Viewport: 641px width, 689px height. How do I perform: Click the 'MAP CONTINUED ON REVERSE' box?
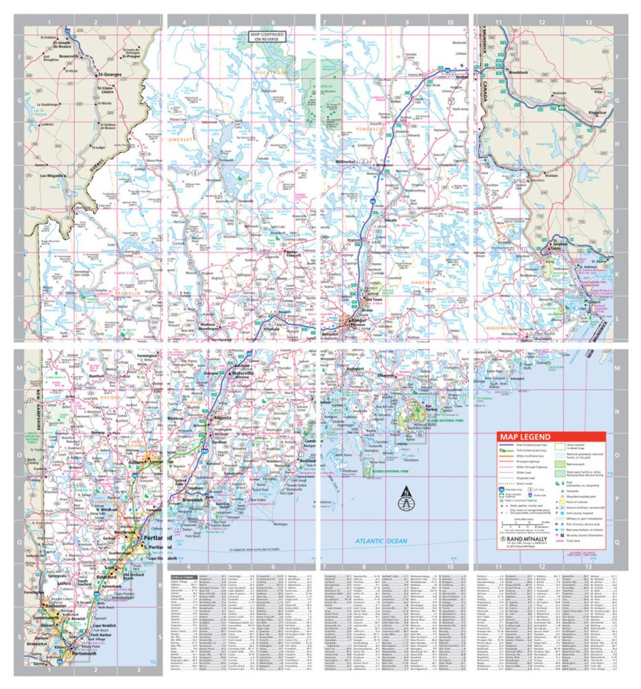point(268,37)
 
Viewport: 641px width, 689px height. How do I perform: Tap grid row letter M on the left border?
point(19,369)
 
